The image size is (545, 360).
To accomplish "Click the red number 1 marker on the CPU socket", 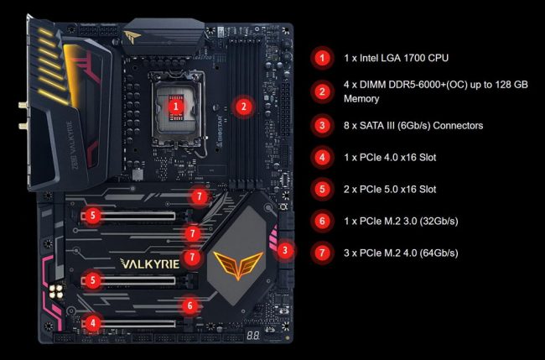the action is point(176,107).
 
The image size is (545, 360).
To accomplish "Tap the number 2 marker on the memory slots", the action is point(243,107).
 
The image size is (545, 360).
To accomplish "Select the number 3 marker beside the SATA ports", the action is point(285,250).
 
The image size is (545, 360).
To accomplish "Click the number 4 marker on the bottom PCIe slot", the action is point(93,323).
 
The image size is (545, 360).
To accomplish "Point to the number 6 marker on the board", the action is point(189,305).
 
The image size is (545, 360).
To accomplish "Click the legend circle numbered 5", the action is point(322,189).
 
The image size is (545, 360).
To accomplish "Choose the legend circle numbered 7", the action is point(322,253).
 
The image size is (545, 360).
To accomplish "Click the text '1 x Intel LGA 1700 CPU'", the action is point(396,58).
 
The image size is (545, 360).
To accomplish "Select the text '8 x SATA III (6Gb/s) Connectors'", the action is point(413,125).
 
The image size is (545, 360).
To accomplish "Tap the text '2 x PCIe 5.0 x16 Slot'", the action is point(390,189).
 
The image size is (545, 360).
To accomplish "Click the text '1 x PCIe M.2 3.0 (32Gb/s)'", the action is point(401,221).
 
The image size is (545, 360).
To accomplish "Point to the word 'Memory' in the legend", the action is point(361,98).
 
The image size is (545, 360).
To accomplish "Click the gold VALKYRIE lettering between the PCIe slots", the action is point(150,263).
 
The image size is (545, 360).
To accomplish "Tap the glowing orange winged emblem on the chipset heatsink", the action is point(238,264).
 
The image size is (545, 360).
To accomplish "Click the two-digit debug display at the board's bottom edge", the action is point(253,336).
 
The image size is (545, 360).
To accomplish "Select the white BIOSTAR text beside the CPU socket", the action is point(220,129).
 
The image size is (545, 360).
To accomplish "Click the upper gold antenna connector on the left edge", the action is point(23,105).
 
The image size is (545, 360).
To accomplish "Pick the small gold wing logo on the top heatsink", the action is point(132,35).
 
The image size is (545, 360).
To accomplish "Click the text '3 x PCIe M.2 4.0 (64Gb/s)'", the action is point(401,253).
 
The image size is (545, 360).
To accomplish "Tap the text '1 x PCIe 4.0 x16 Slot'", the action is point(390,158).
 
